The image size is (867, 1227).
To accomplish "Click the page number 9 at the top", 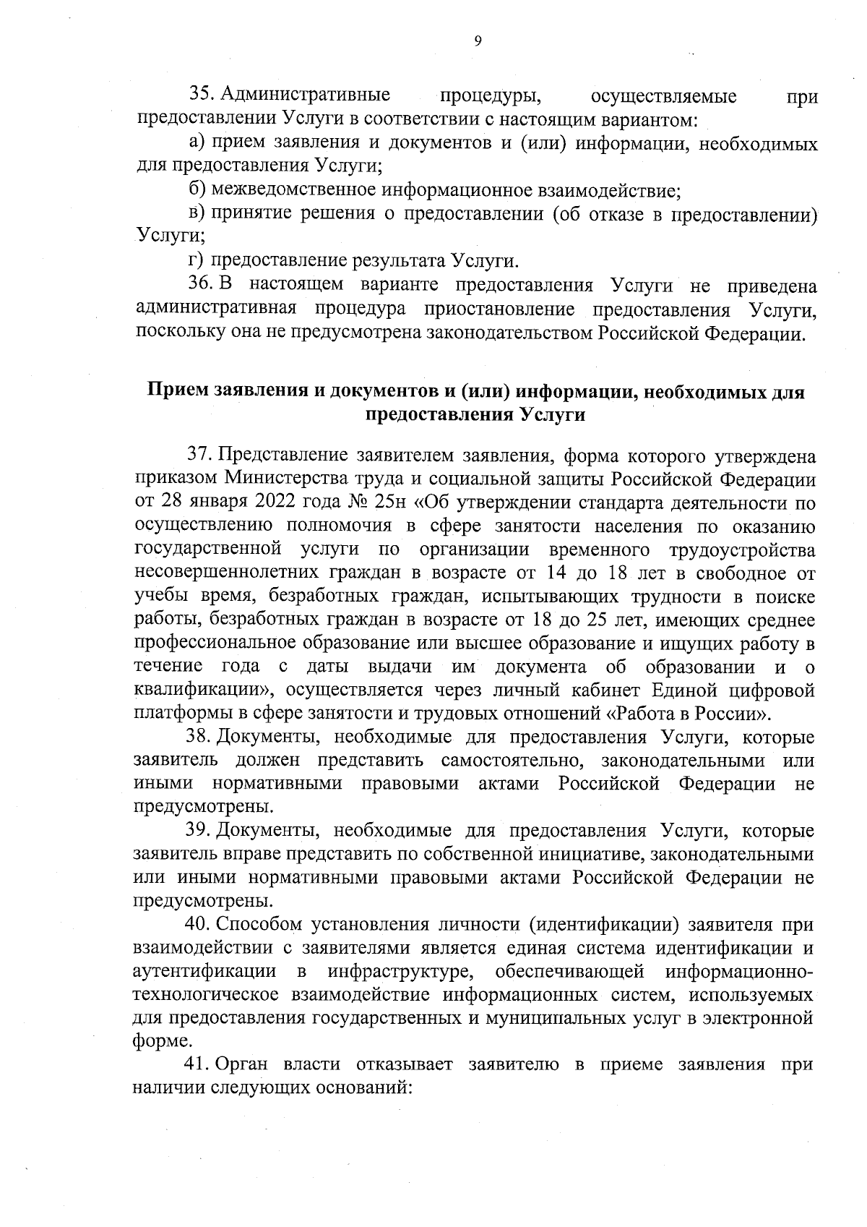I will pos(478,41).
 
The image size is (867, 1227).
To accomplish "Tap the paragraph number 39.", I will pos(200,831).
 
